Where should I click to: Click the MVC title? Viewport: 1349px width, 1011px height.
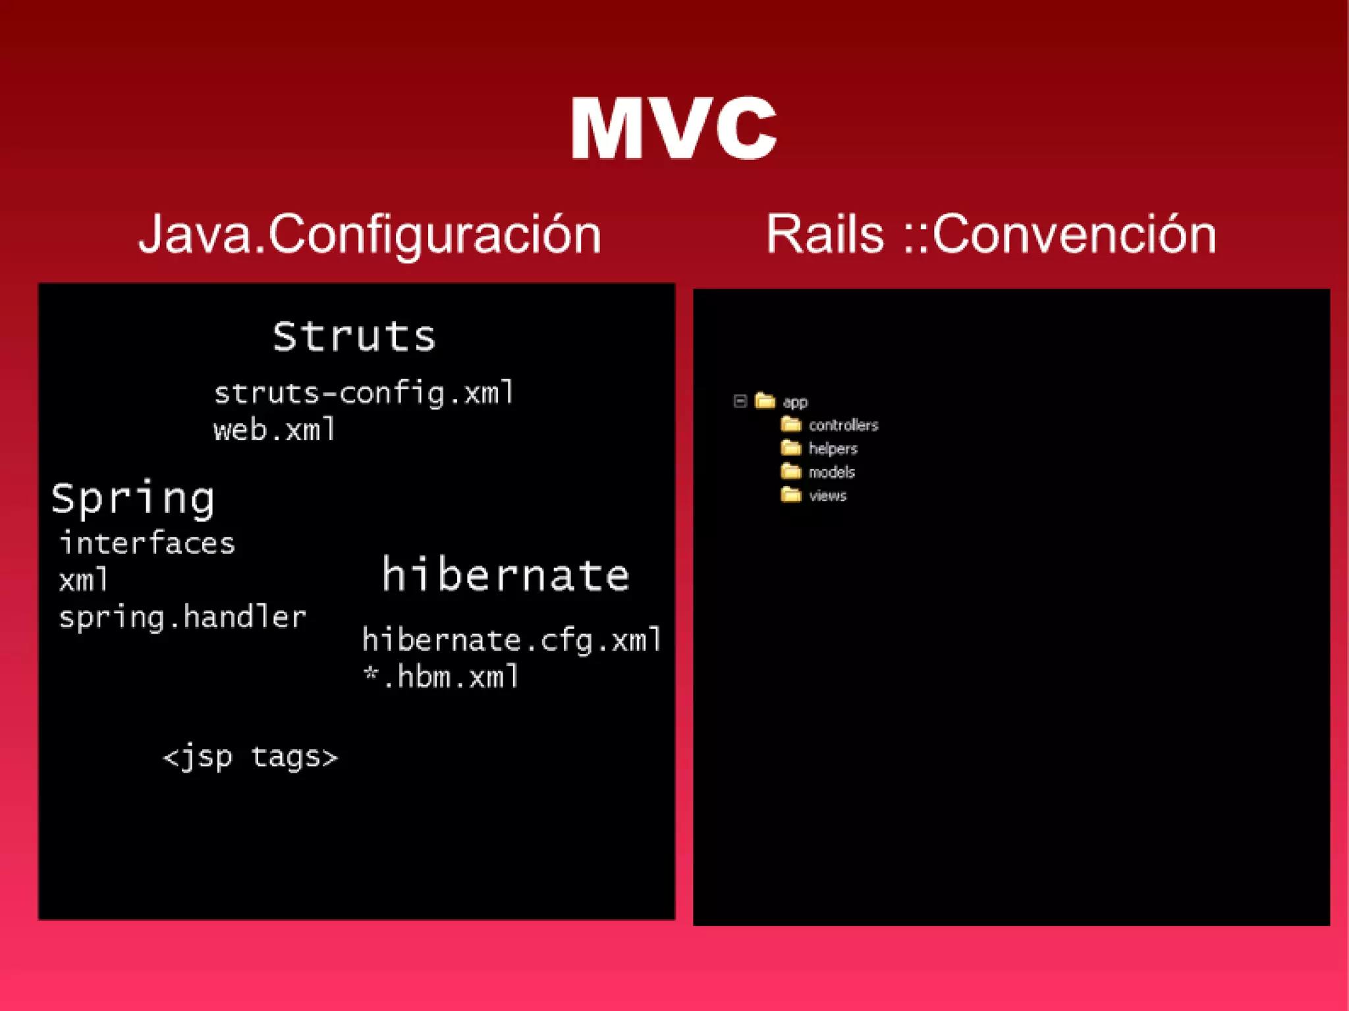[673, 128]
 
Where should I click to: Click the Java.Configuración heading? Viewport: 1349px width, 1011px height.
[370, 235]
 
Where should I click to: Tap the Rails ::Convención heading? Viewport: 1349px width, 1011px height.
[991, 235]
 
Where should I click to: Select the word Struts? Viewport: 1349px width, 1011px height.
[354, 337]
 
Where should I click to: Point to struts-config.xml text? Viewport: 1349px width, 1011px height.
[364, 393]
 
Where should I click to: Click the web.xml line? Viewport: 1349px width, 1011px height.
[275, 430]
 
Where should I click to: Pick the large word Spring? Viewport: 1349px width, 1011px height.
[133, 499]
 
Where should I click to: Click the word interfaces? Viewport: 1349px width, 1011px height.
[147, 543]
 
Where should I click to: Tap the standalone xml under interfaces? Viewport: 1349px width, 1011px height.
[84, 580]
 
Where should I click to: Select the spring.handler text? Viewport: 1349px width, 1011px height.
[182, 618]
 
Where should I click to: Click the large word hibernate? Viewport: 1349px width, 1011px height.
[506, 574]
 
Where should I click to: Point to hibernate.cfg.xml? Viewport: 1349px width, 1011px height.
[512, 640]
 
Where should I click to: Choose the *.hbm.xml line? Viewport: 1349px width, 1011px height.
[441, 677]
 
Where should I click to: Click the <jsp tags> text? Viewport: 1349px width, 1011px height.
[250, 757]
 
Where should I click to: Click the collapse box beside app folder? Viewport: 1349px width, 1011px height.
[740, 401]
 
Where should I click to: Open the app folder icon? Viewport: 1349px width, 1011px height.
[765, 400]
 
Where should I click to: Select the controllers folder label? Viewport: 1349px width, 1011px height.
[843, 425]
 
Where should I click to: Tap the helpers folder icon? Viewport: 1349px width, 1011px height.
[790, 449]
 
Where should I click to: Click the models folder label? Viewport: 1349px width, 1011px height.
[831, 472]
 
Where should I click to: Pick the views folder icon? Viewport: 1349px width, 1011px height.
[790, 495]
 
